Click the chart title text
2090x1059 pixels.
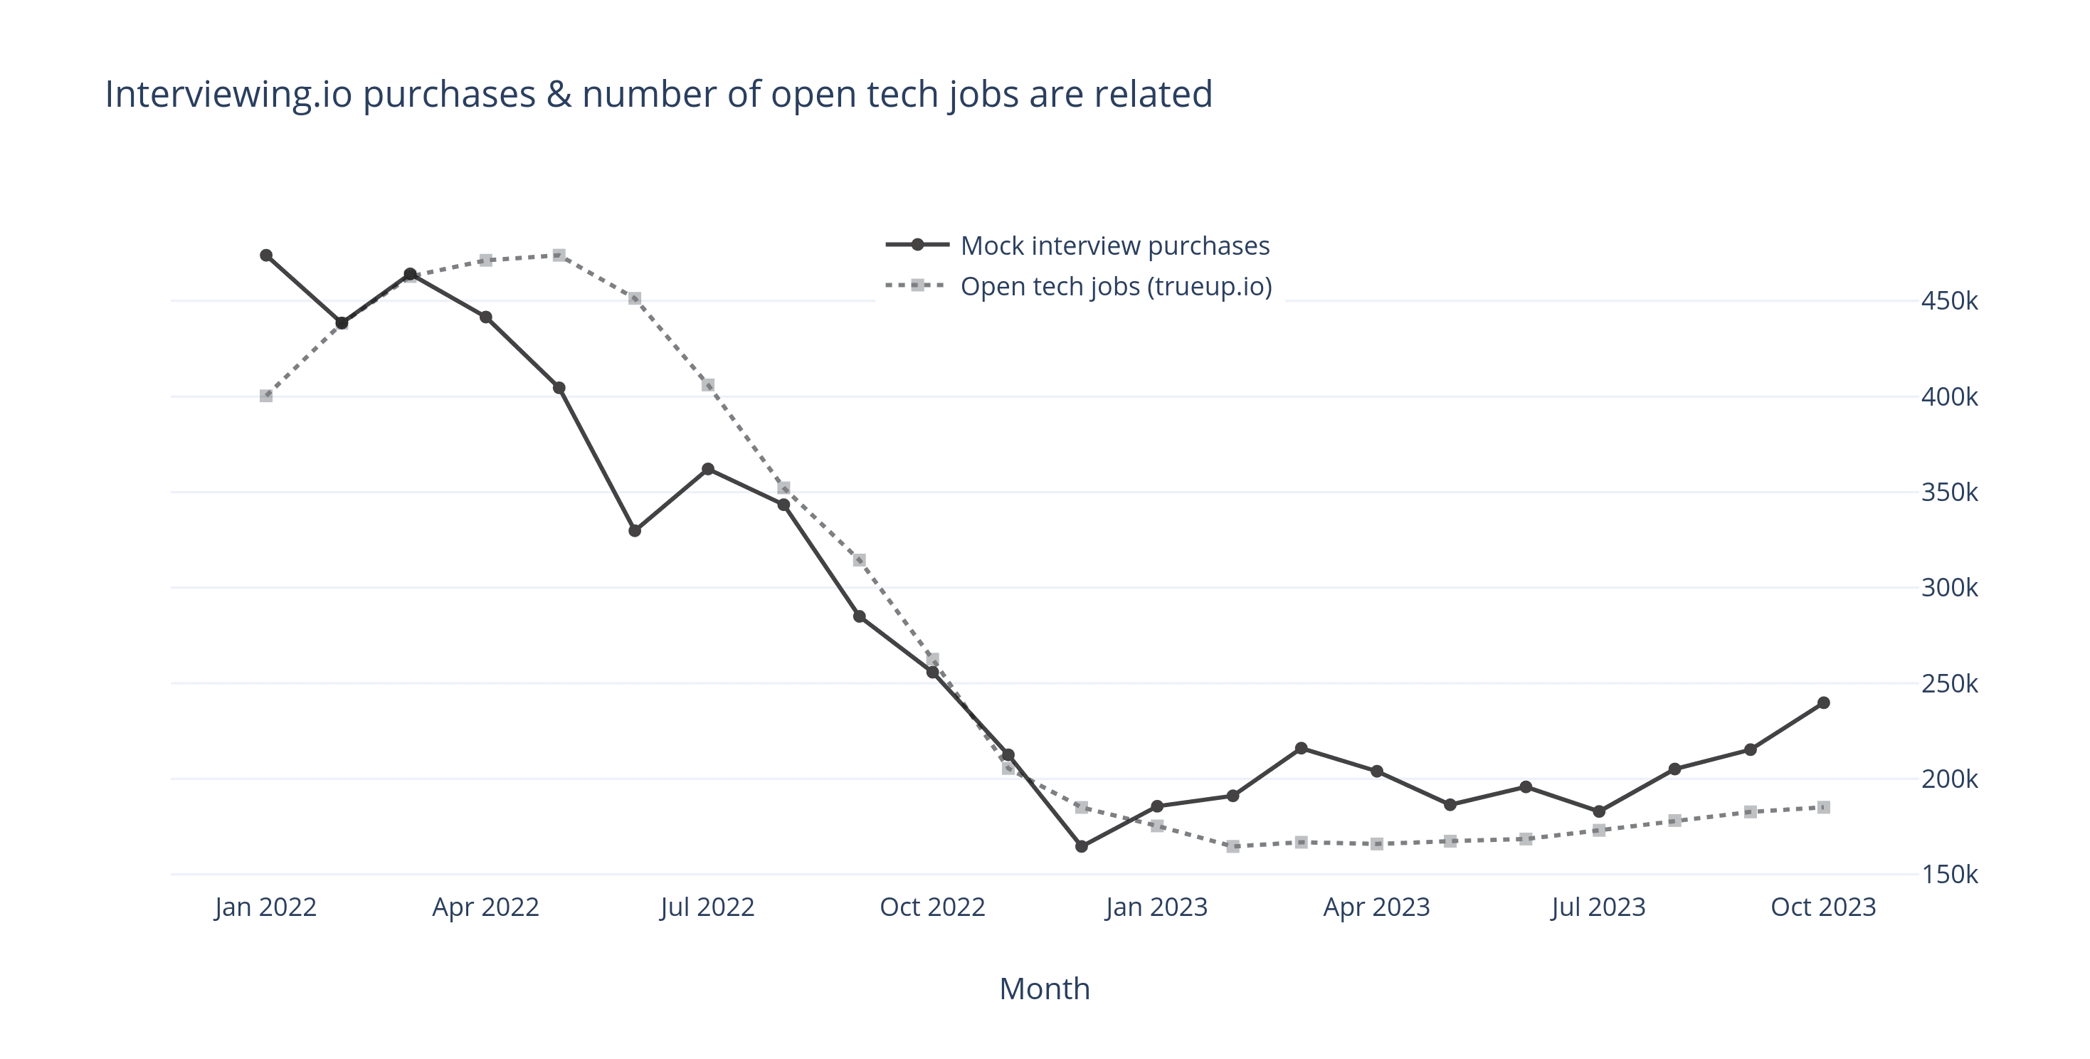(658, 94)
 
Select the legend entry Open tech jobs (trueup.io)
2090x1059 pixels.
(1116, 287)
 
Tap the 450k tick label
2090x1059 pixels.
(1949, 301)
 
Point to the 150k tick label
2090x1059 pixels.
(1949, 875)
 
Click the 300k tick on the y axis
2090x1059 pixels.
(1949, 588)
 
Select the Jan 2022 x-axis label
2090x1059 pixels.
(265, 907)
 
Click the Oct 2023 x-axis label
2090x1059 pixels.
(1822, 907)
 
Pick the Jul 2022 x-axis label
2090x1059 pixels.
(707, 907)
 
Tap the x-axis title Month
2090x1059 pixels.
(1044, 989)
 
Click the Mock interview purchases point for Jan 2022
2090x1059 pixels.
(266, 255)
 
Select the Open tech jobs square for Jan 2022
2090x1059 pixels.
(266, 396)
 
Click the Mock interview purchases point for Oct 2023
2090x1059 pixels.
(1823, 702)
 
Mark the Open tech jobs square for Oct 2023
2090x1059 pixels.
(1823, 808)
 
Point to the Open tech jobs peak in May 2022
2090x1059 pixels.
(559, 255)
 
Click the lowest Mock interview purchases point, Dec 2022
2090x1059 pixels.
(1082, 846)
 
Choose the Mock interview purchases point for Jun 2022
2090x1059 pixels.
(635, 531)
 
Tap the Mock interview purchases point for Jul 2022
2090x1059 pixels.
(707, 469)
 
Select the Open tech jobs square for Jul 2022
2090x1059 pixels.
(707, 386)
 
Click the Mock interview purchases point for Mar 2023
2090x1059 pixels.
(1302, 748)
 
